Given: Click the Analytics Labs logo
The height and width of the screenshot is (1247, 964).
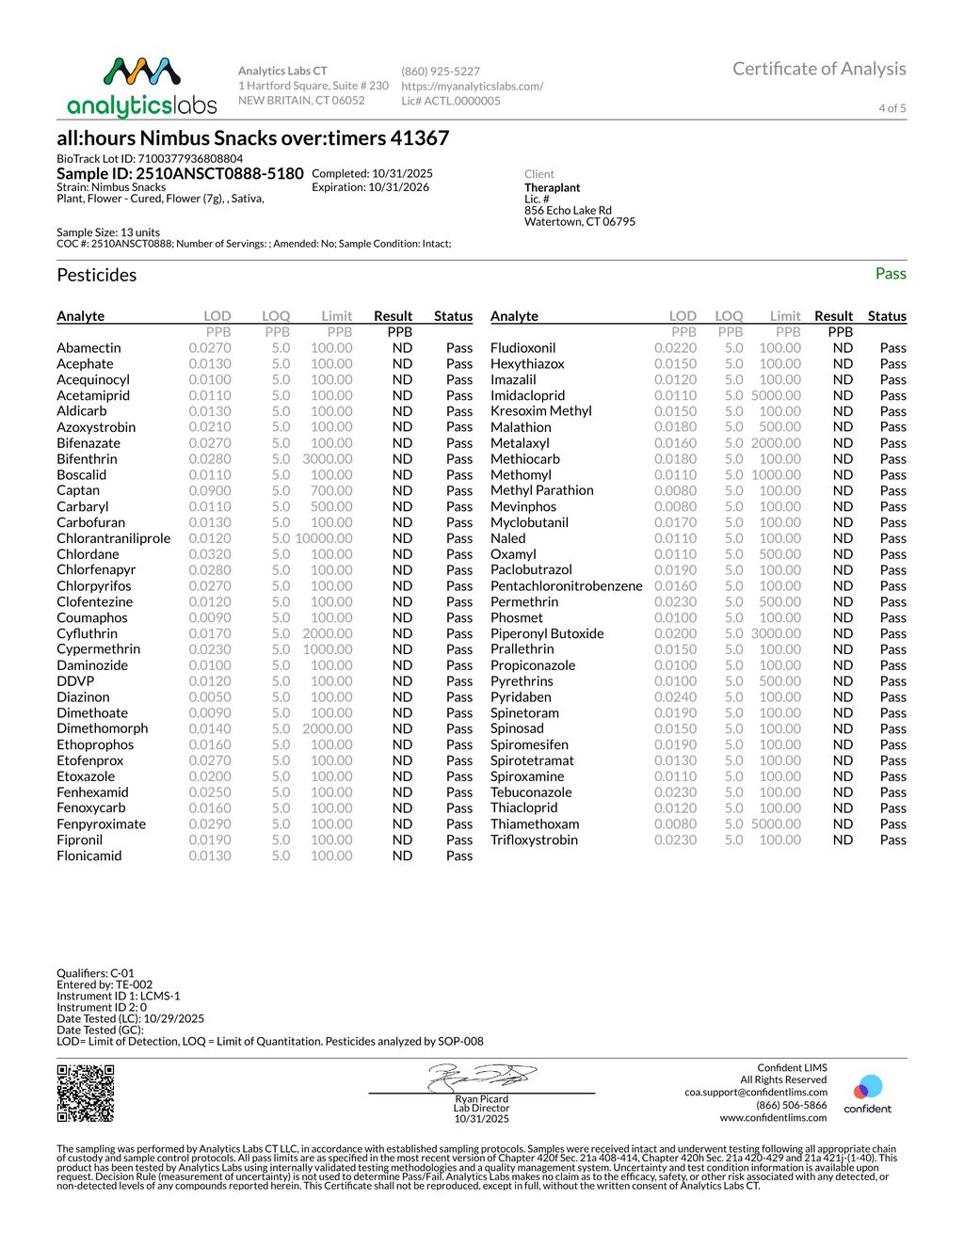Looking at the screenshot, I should tap(142, 87).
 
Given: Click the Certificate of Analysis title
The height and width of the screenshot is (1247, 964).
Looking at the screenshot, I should tap(819, 69).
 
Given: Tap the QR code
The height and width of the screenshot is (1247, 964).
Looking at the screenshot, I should tap(86, 1093).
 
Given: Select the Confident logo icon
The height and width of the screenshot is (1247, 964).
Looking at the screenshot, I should tap(867, 1089).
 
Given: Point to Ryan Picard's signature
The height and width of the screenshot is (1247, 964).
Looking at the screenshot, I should tap(481, 1077).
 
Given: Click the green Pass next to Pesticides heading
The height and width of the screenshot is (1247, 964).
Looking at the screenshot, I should tap(891, 274).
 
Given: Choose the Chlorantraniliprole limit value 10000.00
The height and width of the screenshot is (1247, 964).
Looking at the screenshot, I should tap(324, 538).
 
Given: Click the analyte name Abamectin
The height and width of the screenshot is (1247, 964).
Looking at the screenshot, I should tap(88, 348).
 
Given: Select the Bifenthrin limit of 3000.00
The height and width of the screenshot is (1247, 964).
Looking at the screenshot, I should tap(328, 459).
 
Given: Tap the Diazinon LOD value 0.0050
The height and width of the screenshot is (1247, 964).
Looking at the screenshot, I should tap(209, 697).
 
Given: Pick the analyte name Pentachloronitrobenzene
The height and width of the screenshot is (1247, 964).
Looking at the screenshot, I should tap(566, 586).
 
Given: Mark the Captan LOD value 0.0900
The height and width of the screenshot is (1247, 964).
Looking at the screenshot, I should tap(209, 490).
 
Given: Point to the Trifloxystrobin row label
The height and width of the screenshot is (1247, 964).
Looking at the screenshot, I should tap(534, 839).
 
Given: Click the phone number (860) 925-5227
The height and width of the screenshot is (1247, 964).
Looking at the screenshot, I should tap(441, 72).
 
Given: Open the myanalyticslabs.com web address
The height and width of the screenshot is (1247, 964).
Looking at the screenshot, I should tap(472, 86).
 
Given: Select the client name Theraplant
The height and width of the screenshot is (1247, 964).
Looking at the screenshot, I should tap(553, 188).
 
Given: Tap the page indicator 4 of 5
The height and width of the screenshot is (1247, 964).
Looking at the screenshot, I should tap(892, 108).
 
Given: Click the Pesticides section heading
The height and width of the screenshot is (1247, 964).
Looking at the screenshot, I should tap(97, 275).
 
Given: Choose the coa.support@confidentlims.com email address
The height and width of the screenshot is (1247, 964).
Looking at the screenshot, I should tap(756, 1093).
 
